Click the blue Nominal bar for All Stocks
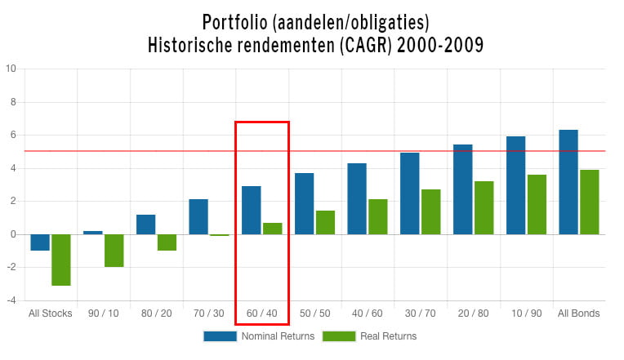(40, 242)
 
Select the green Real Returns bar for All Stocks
(61, 260)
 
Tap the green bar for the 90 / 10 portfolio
(114, 251)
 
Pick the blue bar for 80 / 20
(145, 224)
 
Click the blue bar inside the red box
(252, 211)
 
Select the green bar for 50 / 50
(325, 222)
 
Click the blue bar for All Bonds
(568, 182)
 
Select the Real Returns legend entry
(369, 336)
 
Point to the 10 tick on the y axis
(11, 69)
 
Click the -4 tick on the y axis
(11, 300)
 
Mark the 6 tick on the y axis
(12, 135)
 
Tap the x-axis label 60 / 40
(261, 313)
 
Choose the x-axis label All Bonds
(578, 313)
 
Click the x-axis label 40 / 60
(368, 313)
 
